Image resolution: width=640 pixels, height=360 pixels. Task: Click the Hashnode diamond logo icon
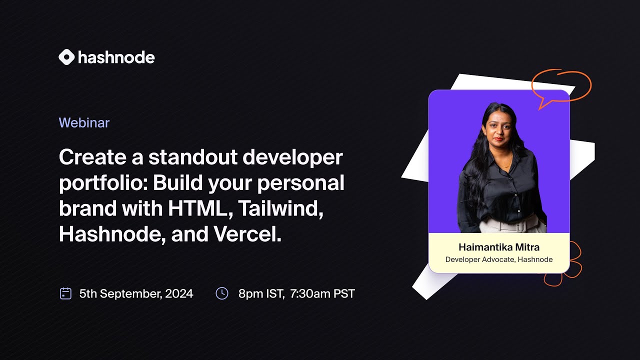pos(66,57)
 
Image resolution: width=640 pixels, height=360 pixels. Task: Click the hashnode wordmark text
pos(116,57)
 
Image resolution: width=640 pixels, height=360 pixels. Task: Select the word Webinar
pos(84,122)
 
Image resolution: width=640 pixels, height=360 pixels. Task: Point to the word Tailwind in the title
pos(280,208)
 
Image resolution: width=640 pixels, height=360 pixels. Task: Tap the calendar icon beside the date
pos(65,293)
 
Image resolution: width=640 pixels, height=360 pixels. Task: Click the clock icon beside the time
pos(221,293)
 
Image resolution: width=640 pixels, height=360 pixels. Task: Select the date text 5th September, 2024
pos(136,293)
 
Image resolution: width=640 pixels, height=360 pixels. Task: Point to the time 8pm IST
pos(261,293)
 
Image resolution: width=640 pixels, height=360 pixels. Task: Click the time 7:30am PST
pos(322,293)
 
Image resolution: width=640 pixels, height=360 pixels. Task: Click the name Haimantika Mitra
pos(499,247)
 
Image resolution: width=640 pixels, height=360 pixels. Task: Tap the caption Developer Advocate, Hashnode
pos(499,259)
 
